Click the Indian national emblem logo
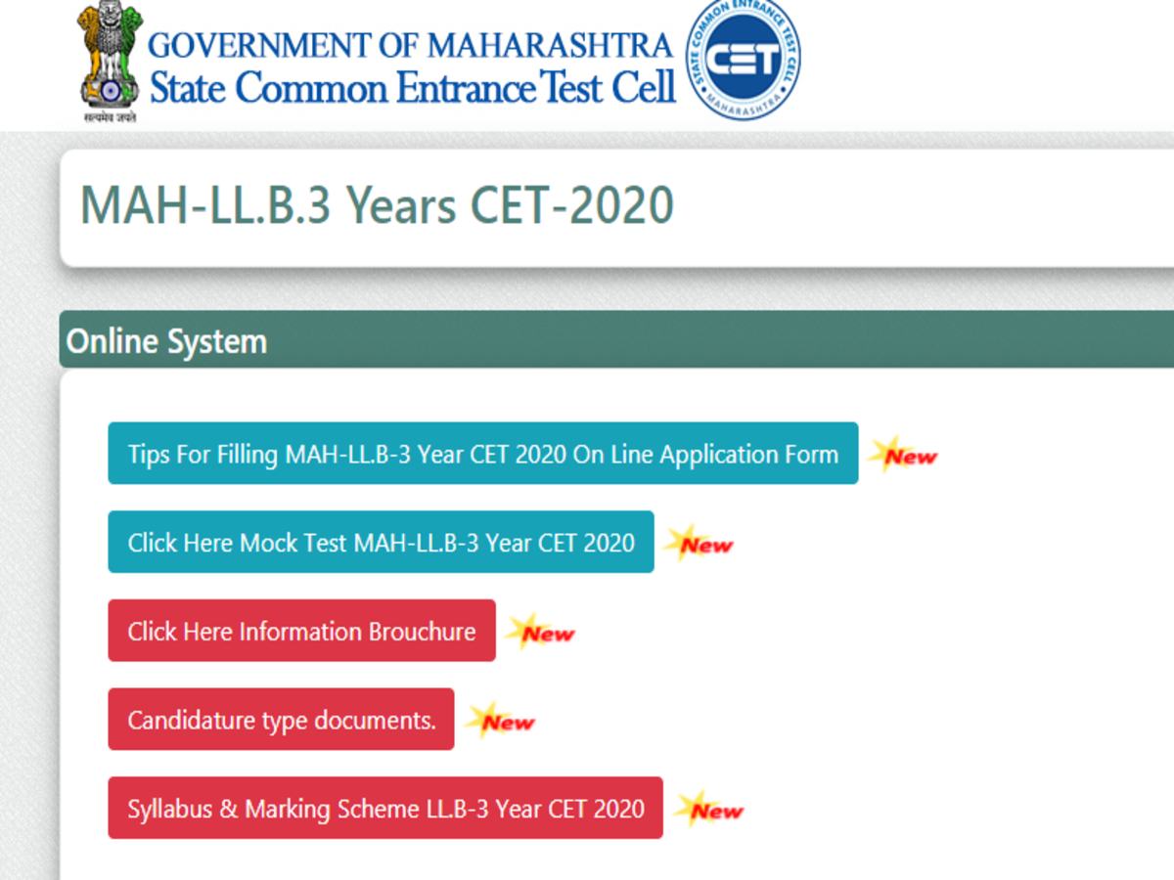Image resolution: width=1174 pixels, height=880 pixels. pyautogui.click(x=110, y=59)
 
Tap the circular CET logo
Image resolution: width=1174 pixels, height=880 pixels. pyautogui.click(x=743, y=59)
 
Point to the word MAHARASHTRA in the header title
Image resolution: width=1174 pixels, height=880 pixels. pyautogui.click(x=550, y=45)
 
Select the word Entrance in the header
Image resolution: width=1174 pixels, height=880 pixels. pyautogui.click(x=466, y=87)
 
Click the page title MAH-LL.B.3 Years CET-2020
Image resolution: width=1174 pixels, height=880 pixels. pyautogui.click(x=377, y=205)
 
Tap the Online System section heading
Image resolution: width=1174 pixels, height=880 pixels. pyautogui.click(x=166, y=341)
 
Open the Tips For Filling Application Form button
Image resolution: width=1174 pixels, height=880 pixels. pyautogui.click(x=483, y=453)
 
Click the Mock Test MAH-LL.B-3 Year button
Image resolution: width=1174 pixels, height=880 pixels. pyautogui.click(x=381, y=542)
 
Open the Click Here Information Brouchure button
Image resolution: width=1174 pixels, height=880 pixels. pyautogui.click(x=301, y=631)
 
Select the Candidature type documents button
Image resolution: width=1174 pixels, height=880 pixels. pyautogui.click(x=281, y=720)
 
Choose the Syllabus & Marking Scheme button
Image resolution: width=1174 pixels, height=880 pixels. pyautogui.click(x=385, y=808)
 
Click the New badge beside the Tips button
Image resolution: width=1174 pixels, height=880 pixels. pyautogui.click(x=903, y=455)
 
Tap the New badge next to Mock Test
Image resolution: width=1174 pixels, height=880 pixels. pyautogui.click(x=700, y=544)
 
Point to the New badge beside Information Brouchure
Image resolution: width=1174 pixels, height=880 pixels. pyautogui.click(x=541, y=632)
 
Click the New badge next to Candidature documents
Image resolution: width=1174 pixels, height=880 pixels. pyautogui.click(x=500, y=721)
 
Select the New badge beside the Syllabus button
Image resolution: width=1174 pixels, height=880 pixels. pyautogui.click(x=708, y=810)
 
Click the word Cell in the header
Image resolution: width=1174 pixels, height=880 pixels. pyautogui.click(x=644, y=87)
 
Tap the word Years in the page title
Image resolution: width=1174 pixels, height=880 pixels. pyautogui.click(x=401, y=206)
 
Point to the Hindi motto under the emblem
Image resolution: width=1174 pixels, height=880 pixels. pyautogui.click(x=111, y=117)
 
